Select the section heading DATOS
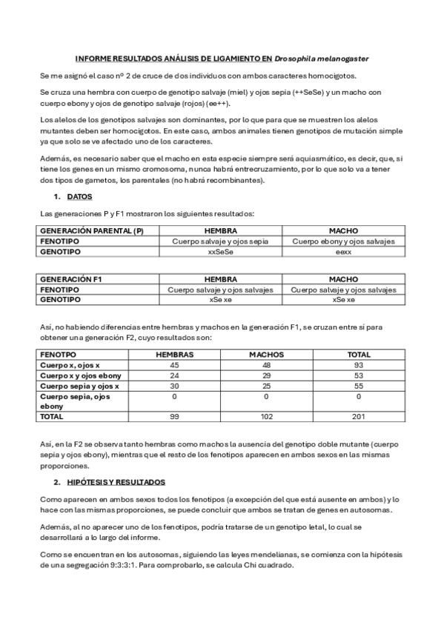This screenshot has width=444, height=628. tap(79, 197)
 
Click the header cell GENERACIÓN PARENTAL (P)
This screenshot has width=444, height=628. tap(91, 231)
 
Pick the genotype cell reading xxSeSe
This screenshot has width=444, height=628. tap(220, 252)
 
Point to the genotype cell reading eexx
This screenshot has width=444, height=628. tap(343, 252)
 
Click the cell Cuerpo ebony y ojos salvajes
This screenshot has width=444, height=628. tap(343, 241)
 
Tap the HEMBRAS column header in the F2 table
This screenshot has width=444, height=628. tap(175, 355)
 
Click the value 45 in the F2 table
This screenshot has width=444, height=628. tap(175, 365)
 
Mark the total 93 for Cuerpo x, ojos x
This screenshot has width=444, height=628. tap(359, 365)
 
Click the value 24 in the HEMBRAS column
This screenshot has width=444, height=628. tap(175, 375)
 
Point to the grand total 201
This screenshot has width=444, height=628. tap(359, 417)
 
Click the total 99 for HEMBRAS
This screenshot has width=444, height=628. tap(175, 417)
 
